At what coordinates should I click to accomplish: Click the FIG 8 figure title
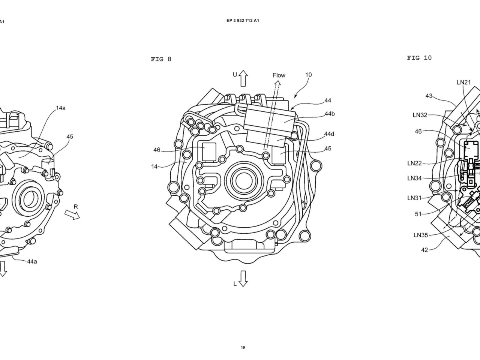point(161,59)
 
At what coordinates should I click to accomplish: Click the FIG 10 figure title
point(419,58)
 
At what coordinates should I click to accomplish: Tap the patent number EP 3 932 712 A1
point(243,21)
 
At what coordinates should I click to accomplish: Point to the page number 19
point(243,348)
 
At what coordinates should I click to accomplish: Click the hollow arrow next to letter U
point(243,78)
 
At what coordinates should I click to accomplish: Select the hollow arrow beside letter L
point(243,279)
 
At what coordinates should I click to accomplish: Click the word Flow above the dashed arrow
point(279,75)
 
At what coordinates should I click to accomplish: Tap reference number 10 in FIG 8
point(308,75)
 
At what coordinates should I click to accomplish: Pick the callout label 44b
point(330,114)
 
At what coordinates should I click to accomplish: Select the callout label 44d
point(329,134)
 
